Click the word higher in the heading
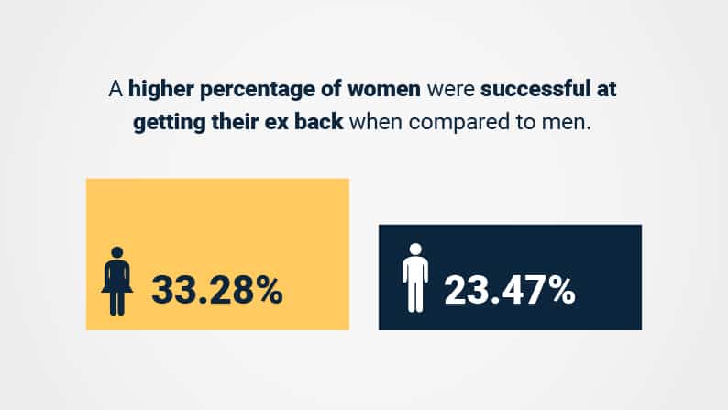click(x=160, y=89)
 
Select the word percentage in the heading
click(x=258, y=89)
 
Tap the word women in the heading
click(x=384, y=89)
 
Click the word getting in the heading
click(x=169, y=123)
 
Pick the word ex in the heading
click(x=277, y=123)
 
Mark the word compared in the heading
click(x=459, y=123)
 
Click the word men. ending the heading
click(x=567, y=123)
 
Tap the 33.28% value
click(x=217, y=290)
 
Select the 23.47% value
click(x=510, y=290)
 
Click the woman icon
click(x=117, y=281)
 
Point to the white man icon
click(x=415, y=278)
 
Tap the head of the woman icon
click(x=117, y=252)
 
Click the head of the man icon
click(x=415, y=249)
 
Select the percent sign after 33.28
click(x=266, y=290)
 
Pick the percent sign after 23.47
click(x=558, y=290)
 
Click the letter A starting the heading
click(x=116, y=89)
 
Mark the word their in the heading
click(x=235, y=122)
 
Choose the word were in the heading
click(x=451, y=90)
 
